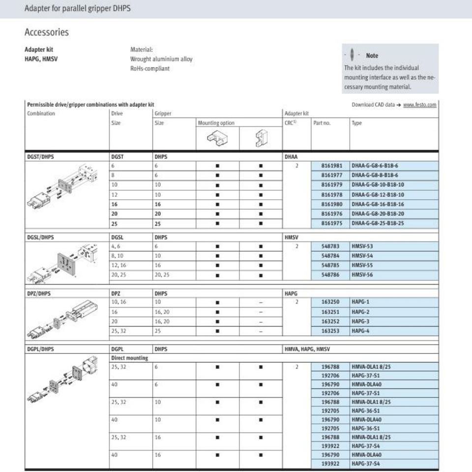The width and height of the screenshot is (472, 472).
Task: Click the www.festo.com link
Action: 419,105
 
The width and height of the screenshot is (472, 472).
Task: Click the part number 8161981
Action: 332,166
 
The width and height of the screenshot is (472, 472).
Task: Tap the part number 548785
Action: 332,265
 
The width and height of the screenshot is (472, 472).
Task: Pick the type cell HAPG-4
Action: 360,331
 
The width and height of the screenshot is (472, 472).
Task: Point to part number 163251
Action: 332,312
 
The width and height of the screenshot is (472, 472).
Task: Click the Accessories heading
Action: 47,32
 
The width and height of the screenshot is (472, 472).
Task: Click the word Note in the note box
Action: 372,56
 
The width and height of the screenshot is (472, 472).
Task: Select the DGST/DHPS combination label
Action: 41,157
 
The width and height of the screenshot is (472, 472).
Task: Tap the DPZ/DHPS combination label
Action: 39,294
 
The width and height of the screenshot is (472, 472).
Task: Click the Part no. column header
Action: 322,123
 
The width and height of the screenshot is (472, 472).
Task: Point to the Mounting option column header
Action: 216,123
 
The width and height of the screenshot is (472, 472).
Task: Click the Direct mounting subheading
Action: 129,358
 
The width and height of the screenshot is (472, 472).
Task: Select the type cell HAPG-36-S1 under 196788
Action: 365,411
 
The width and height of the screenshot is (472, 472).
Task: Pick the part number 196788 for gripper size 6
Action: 332,367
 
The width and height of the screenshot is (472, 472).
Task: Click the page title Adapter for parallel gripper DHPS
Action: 78,9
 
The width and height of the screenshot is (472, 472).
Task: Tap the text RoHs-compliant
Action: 150,69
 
